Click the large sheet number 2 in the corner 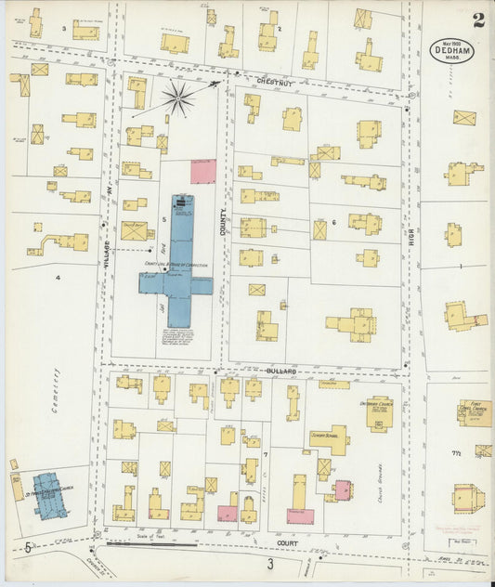coord(477,20)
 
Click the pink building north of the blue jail coord(203,171)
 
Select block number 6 coord(332,223)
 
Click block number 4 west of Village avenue coord(58,278)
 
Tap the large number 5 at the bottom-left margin coord(28,547)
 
